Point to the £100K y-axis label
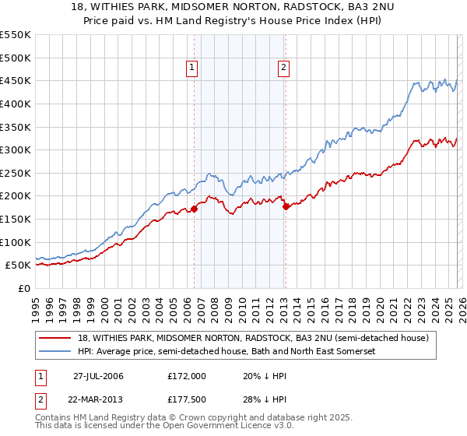point(16,242)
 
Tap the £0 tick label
point(25,288)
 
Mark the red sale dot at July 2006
point(194,209)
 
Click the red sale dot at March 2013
point(286,206)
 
